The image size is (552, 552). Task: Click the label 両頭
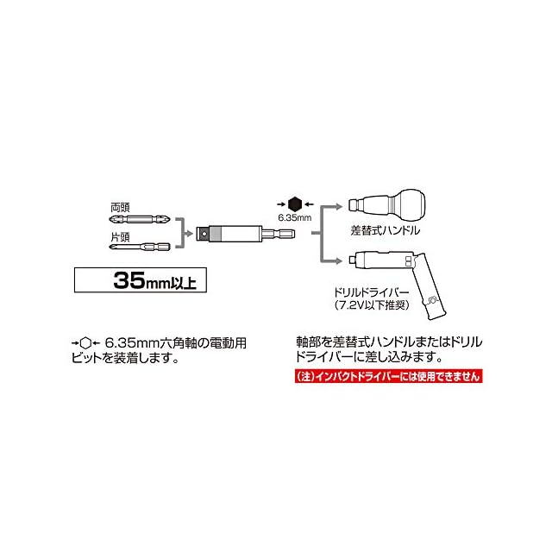(120, 208)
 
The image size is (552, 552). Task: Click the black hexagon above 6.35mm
(294, 204)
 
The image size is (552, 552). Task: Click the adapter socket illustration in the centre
(246, 232)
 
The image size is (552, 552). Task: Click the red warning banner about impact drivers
(384, 377)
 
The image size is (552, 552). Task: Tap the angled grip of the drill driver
(432, 289)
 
